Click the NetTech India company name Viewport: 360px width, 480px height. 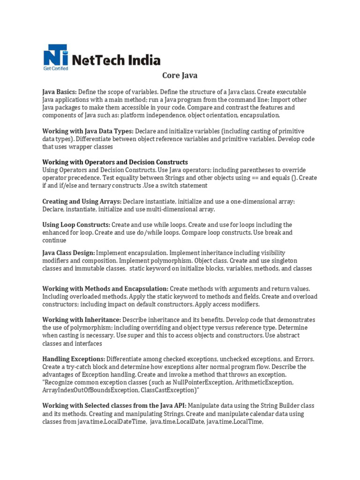(117, 60)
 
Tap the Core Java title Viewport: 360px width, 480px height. (180, 75)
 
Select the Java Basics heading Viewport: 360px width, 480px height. (60, 92)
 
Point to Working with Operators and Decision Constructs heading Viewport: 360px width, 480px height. (115, 162)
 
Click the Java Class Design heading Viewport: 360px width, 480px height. (68, 253)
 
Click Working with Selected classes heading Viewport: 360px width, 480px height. (114, 405)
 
